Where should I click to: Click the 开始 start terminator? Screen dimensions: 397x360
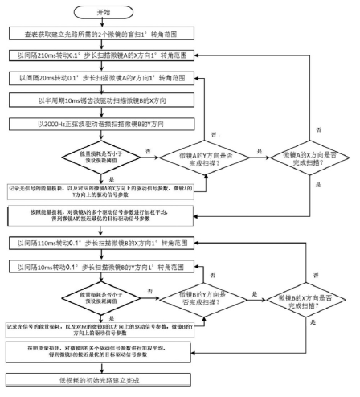tap(102, 12)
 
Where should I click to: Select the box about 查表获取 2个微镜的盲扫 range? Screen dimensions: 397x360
tap(102, 35)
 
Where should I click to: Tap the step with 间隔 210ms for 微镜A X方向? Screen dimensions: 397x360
tap(102, 57)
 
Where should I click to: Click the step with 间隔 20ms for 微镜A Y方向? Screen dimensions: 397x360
tap(102, 79)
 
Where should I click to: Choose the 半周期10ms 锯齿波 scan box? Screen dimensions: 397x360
tap(102, 102)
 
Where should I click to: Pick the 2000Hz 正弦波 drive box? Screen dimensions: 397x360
tap(102, 125)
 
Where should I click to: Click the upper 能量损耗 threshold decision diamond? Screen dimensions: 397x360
tap(102, 153)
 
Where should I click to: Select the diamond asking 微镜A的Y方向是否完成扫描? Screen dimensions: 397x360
tap(205, 153)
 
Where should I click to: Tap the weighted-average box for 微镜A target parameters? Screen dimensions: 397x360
tap(102, 216)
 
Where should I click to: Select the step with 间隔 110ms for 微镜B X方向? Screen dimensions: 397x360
tap(102, 243)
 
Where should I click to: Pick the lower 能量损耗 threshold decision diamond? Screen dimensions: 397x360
tap(102, 297)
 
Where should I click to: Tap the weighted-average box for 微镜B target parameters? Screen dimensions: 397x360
tap(102, 353)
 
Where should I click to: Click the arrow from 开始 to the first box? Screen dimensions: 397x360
tap(102, 23)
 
